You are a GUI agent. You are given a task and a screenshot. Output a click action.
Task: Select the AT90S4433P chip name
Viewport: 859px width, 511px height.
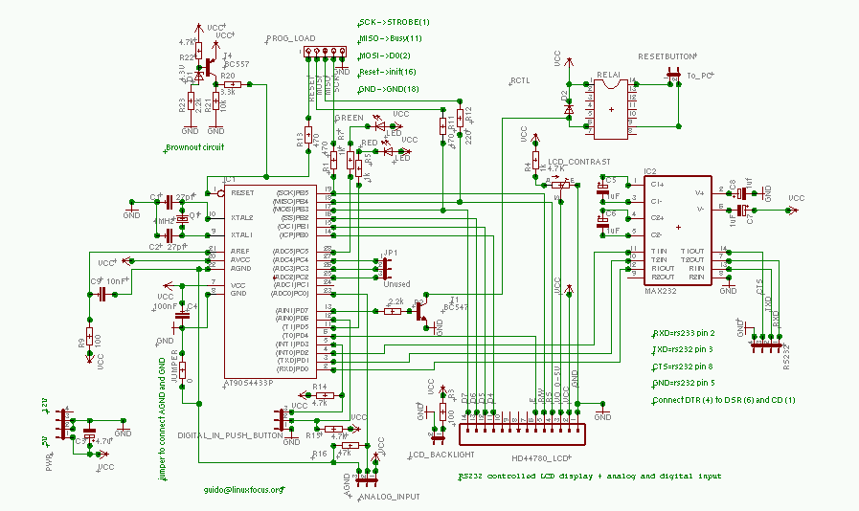point(248,383)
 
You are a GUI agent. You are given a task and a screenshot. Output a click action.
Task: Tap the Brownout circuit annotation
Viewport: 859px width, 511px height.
point(194,147)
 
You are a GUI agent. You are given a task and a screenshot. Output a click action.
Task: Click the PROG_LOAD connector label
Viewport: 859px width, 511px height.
point(291,39)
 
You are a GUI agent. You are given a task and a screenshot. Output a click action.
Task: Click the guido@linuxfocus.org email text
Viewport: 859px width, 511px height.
point(243,490)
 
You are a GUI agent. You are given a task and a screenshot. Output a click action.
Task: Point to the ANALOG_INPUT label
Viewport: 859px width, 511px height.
point(389,497)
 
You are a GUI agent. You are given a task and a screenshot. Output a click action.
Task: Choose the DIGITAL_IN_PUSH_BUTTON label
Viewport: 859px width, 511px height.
point(230,434)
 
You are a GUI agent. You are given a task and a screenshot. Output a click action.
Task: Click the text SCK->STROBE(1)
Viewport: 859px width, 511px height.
point(394,21)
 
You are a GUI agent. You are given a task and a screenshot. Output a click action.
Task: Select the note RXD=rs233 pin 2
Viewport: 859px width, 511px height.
point(685,333)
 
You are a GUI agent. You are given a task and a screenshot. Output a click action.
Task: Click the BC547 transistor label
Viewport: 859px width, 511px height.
point(456,308)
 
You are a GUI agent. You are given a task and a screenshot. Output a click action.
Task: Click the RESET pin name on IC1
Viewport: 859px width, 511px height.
point(242,192)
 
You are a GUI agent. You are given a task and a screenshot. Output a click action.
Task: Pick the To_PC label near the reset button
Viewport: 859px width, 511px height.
point(700,75)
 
